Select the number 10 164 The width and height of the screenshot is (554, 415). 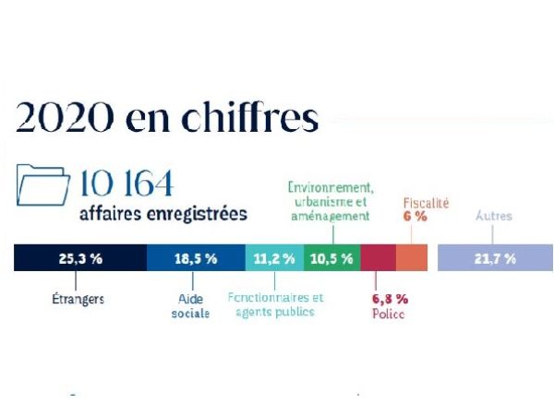126,184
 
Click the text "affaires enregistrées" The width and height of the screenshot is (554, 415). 163,214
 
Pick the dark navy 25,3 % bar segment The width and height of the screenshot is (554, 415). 79,258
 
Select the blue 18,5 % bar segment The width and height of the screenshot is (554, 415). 195,258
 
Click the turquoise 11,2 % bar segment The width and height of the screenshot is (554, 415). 274,258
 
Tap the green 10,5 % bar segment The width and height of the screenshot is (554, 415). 331,258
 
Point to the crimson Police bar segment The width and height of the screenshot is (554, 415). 378,258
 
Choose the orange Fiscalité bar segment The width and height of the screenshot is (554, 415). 412,258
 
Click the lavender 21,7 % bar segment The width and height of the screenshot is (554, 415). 494,258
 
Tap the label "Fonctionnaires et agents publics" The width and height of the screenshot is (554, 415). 276,305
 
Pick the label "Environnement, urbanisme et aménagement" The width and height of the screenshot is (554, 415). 329,200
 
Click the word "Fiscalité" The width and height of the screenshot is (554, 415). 426,201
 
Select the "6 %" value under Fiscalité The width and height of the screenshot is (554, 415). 415,216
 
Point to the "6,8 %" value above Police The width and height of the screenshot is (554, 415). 389,299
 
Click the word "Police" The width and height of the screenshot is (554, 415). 388,314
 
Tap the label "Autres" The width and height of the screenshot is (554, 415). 493,217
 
